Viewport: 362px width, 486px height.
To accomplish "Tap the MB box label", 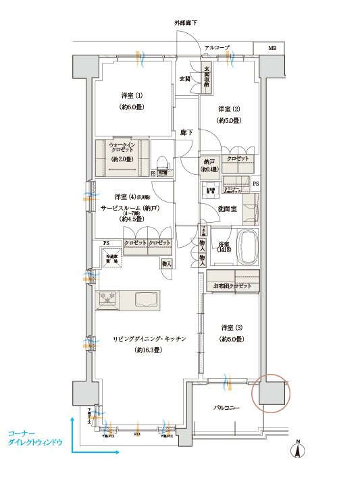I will coord(272,49).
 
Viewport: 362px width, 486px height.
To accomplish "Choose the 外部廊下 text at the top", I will coord(186,23).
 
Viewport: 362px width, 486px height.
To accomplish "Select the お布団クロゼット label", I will coord(233,286).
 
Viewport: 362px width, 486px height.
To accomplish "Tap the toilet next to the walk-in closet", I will coord(162,164).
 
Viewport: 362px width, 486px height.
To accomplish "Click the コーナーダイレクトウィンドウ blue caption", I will coord(34,436).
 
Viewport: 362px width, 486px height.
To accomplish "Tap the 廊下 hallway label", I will coord(186,132).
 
